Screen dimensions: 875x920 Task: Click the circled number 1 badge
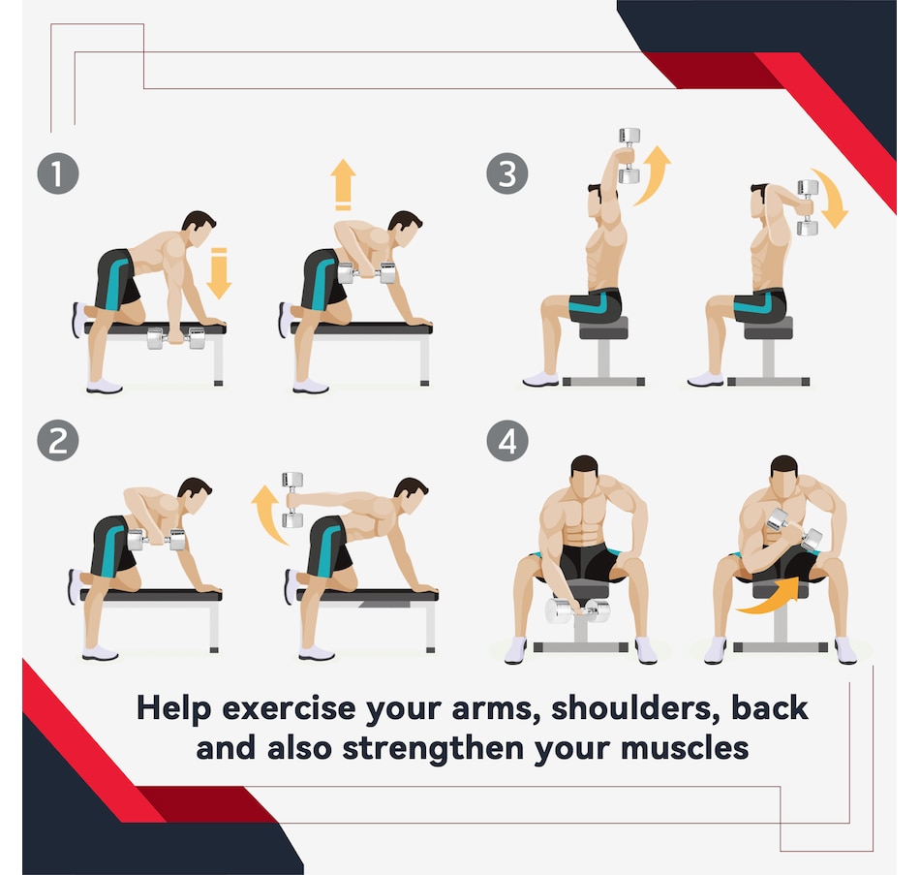(57, 174)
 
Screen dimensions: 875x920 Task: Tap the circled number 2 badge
(57, 441)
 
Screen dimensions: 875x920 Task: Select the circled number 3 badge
(507, 174)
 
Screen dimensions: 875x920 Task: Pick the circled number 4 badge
(507, 441)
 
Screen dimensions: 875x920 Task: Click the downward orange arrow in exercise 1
(219, 272)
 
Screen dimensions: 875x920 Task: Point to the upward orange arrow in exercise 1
(343, 184)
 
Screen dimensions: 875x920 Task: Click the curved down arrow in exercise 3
(832, 199)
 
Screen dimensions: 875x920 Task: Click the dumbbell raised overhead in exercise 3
(629, 155)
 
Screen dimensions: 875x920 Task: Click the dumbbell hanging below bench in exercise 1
(176, 338)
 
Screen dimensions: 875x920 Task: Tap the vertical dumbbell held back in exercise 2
(292, 499)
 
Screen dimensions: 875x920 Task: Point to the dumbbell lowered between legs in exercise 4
(578, 610)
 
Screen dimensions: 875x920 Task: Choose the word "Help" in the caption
(174, 707)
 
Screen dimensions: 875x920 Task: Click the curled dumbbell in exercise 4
(794, 529)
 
